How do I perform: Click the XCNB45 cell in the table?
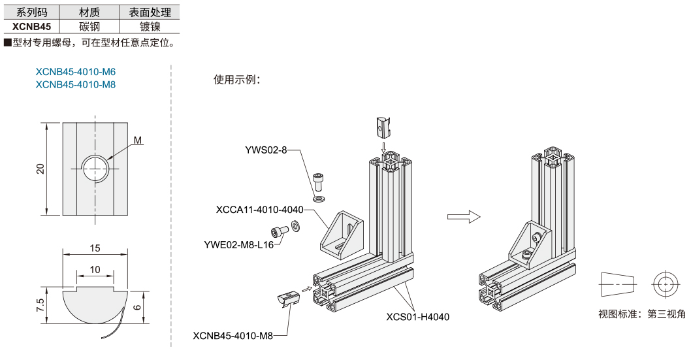tap(31, 26)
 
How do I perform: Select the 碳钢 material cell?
tap(89, 26)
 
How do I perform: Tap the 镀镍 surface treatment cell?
tap(150, 26)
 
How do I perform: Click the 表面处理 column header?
tap(150, 12)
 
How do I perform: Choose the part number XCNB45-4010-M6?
tap(75, 72)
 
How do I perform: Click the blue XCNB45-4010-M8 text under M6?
tap(75, 84)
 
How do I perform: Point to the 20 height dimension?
tap(40, 169)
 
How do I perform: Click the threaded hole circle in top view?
tap(96, 169)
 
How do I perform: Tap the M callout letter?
tap(137, 140)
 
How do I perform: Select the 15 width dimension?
tap(95, 248)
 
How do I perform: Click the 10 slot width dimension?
tap(95, 270)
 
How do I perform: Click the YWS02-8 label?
tap(266, 150)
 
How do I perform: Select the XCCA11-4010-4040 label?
tap(259, 210)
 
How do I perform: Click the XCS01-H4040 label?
tap(417, 316)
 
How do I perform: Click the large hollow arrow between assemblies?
tap(463, 218)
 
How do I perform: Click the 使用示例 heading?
tap(237, 80)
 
